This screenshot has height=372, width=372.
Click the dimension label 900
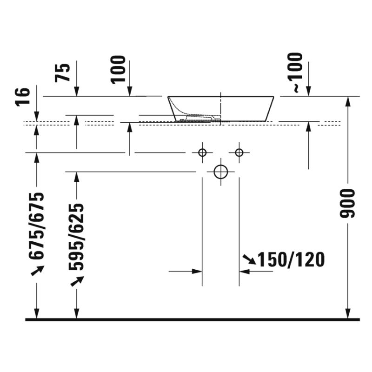[347, 204]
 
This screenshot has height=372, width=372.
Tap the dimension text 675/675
[36, 226]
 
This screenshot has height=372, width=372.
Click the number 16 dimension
[23, 97]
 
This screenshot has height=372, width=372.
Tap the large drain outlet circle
[220, 172]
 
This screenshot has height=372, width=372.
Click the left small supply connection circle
[202, 152]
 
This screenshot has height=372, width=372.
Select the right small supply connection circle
[239, 152]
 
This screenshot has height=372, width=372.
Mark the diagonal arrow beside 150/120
[249, 260]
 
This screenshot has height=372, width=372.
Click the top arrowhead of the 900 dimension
[347, 100]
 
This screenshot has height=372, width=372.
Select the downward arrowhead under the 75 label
[77, 93]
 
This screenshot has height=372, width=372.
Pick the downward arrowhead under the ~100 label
[308, 93]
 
